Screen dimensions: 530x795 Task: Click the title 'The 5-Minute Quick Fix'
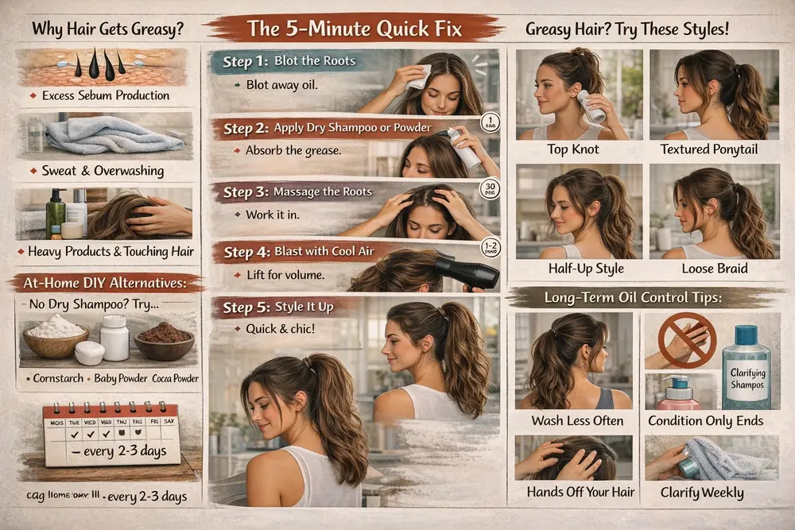(355, 29)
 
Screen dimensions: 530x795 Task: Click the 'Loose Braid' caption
(713, 269)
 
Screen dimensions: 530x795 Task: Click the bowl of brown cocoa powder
(164, 340)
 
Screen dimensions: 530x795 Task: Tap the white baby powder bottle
(114, 337)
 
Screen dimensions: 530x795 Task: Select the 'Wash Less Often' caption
(575, 420)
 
